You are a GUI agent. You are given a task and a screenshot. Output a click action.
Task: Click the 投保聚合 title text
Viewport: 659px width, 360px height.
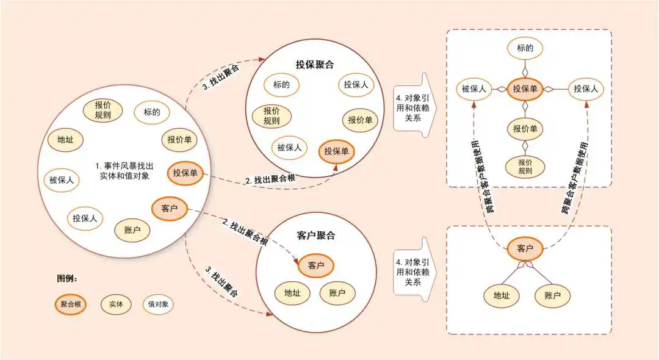(x=315, y=65)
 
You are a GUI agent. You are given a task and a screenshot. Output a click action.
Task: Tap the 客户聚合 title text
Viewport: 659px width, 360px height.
(x=315, y=236)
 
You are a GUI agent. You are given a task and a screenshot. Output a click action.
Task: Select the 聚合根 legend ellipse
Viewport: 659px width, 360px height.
(x=71, y=304)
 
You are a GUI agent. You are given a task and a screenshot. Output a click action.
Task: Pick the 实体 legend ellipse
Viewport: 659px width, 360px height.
(x=116, y=304)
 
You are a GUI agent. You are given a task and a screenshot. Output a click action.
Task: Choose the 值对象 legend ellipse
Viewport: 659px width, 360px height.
(x=158, y=304)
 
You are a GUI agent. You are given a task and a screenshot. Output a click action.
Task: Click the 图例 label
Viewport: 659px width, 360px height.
(x=67, y=278)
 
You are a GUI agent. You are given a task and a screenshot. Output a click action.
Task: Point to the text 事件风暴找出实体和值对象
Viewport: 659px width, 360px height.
(x=124, y=171)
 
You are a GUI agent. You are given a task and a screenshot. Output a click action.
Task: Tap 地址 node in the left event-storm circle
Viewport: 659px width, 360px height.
(x=65, y=140)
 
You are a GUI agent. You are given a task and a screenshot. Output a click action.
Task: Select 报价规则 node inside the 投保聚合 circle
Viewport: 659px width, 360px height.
(x=272, y=116)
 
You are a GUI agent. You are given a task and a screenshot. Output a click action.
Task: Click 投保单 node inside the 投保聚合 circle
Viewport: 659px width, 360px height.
(x=337, y=152)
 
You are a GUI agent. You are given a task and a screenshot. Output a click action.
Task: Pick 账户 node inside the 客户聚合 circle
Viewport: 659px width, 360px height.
(x=337, y=293)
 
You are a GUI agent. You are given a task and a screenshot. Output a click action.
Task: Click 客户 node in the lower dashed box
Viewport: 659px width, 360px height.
(x=525, y=249)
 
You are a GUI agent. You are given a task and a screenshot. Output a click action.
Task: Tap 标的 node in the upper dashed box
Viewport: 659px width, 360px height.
(x=525, y=48)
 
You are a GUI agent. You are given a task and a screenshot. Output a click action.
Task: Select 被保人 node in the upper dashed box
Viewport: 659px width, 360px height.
(x=474, y=89)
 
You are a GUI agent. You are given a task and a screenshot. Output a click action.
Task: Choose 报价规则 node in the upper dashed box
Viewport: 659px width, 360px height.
(x=525, y=167)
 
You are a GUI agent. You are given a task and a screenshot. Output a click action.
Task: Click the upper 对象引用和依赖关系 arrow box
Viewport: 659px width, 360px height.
(x=414, y=105)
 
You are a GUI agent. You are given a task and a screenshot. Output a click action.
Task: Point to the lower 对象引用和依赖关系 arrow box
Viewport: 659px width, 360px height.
(x=414, y=269)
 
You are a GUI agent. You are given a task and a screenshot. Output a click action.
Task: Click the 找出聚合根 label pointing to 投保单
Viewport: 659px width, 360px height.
(x=271, y=179)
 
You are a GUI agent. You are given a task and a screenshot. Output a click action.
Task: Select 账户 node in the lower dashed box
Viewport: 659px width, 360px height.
(x=552, y=295)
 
